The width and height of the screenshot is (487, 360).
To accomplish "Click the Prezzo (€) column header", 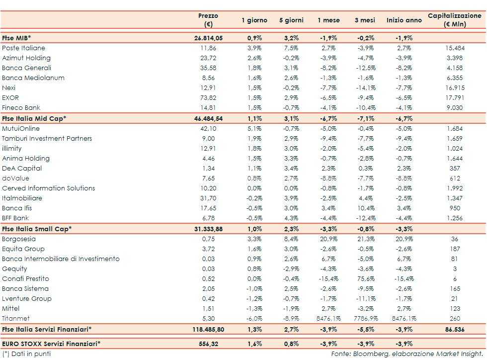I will [x=208, y=20].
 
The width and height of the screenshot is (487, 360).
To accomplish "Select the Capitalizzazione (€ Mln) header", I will [x=455, y=20].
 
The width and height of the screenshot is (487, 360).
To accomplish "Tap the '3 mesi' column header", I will [x=365, y=20].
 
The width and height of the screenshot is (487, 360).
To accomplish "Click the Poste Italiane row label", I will [x=23, y=48].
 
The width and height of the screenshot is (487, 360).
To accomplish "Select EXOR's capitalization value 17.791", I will [x=455, y=98].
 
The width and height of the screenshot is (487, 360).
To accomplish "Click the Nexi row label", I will [x=9, y=88].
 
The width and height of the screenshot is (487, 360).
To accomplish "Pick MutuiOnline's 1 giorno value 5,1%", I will [x=254, y=128].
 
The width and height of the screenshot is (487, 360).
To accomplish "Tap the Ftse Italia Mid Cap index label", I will [x=34, y=118].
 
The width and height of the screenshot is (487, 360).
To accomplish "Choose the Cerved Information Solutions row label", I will [x=48, y=188].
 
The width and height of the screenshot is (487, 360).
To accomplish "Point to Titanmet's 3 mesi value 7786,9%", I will [x=365, y=319].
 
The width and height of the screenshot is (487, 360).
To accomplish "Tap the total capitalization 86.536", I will [x=455, y=329].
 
